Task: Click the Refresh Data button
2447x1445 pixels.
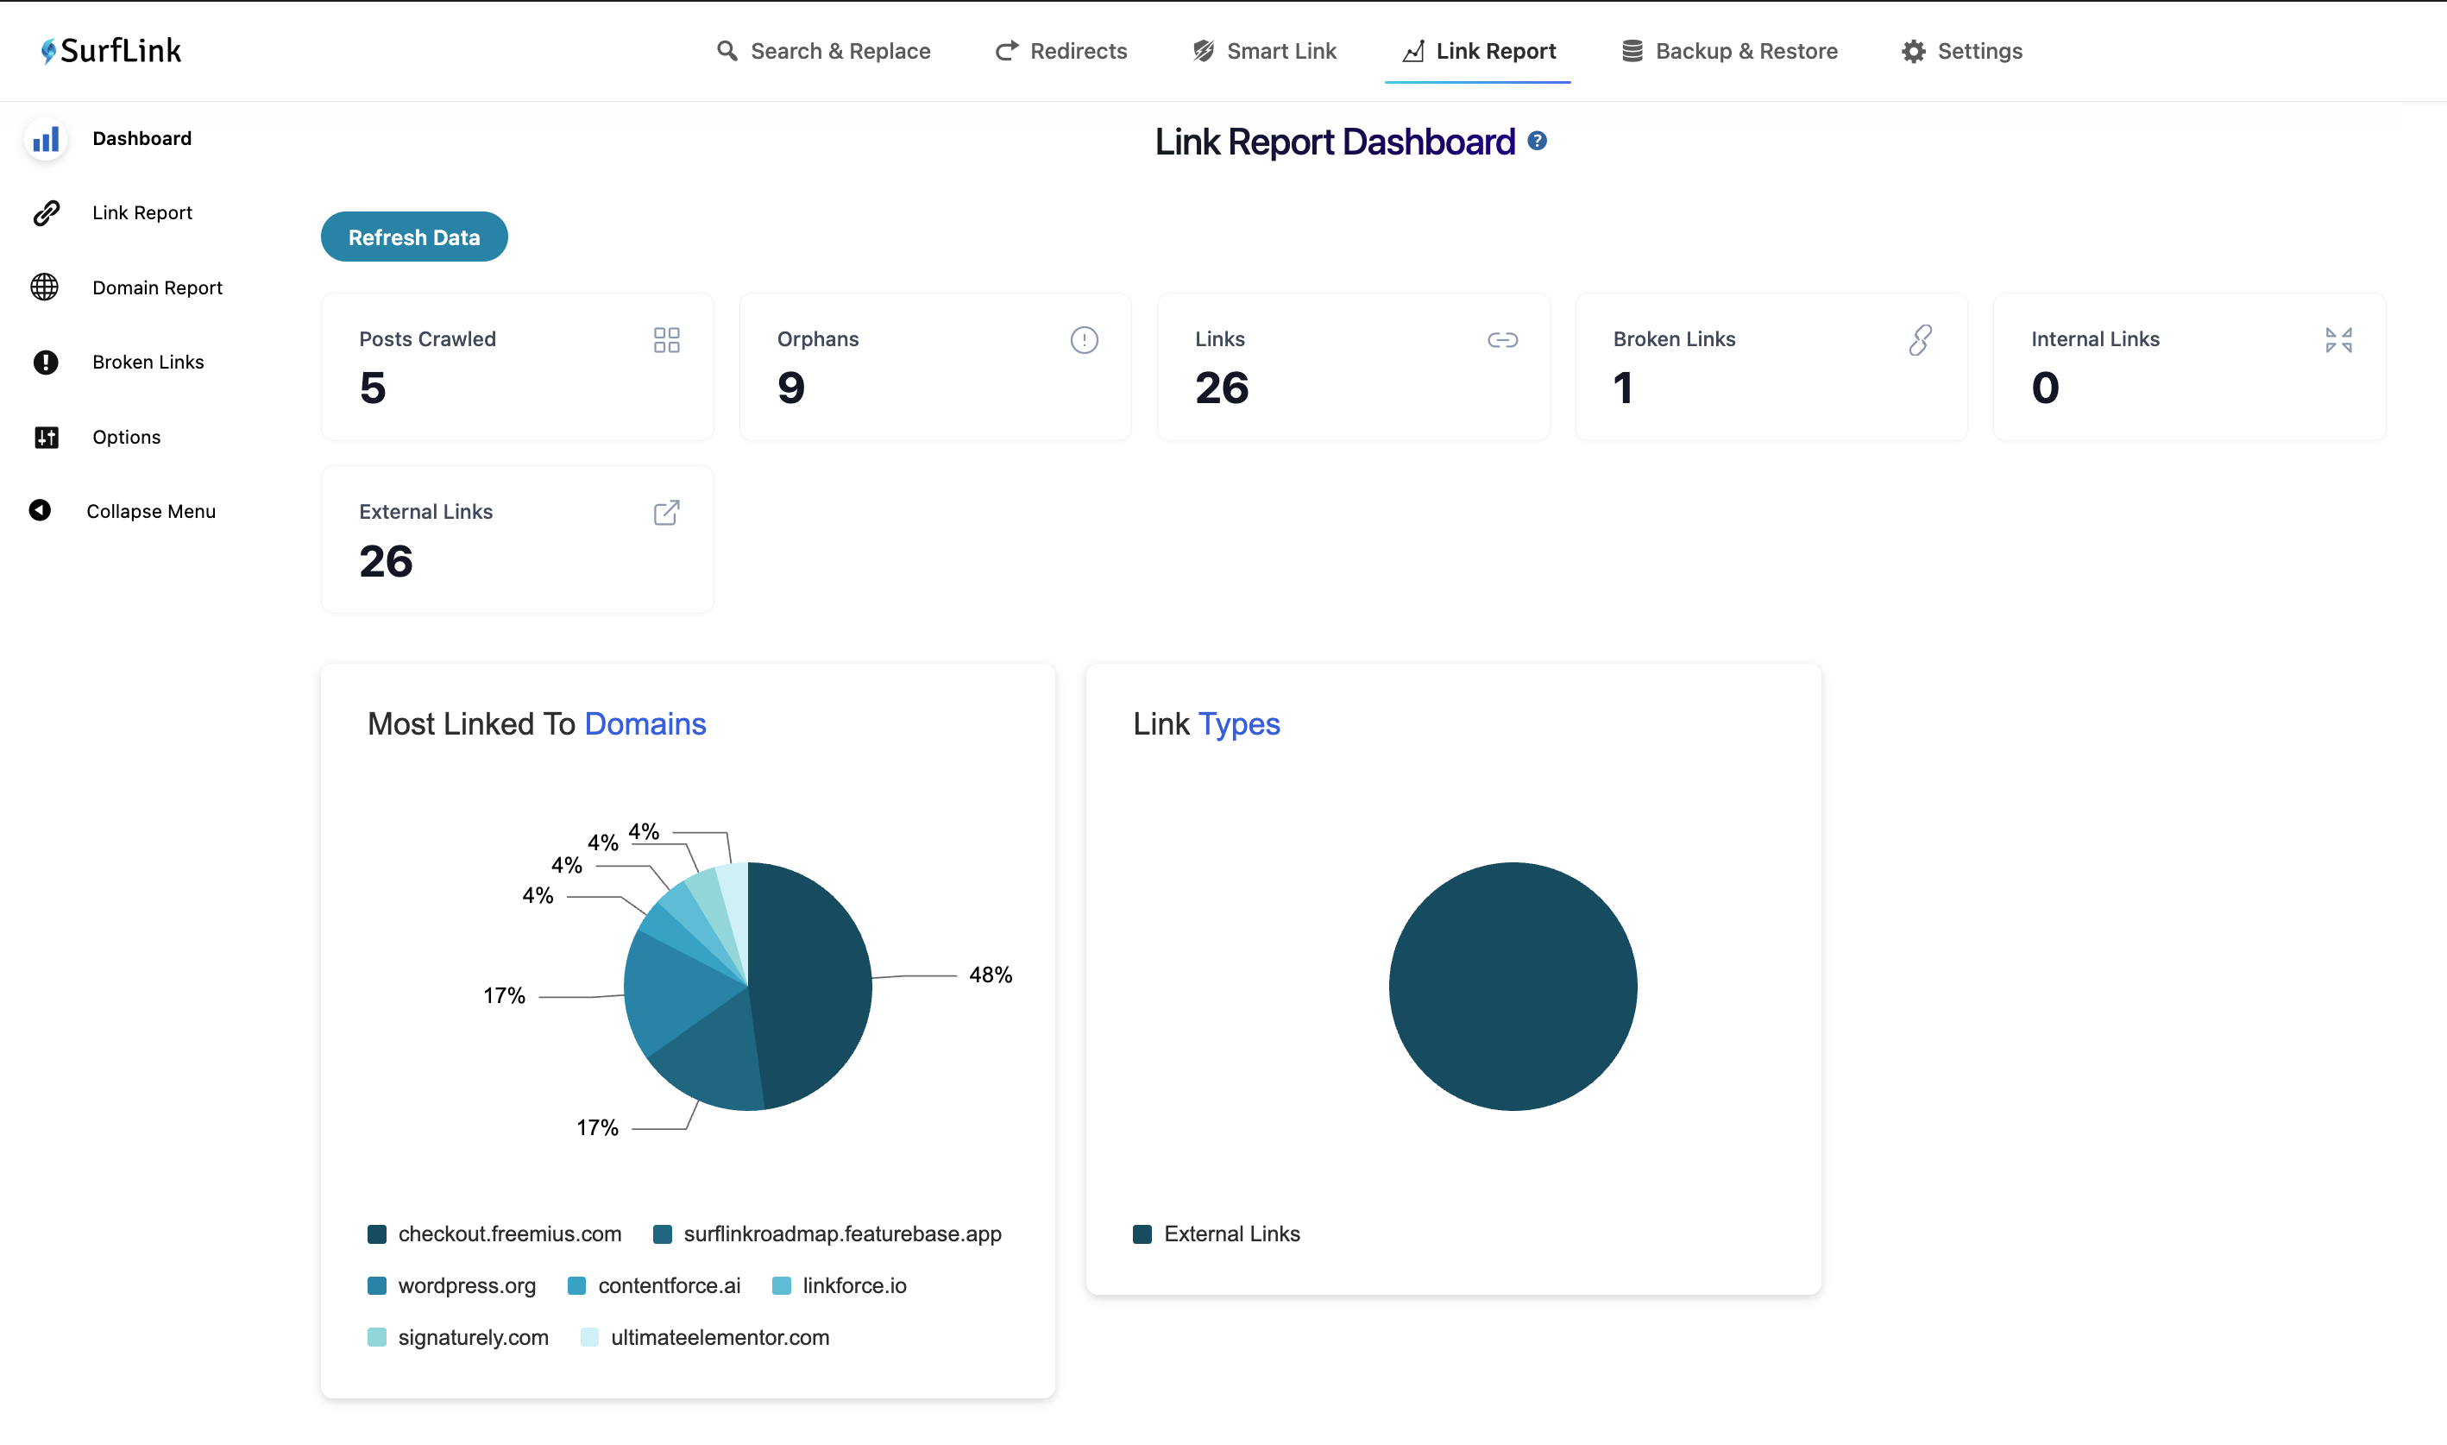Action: click(x=413, y=237)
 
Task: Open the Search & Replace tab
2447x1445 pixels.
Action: click(x=823, y=51)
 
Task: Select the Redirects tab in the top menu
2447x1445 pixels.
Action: click(x=1061, y=51)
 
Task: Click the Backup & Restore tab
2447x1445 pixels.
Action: click(x=1730, y=51)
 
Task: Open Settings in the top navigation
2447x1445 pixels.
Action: click(x=1962, y=51)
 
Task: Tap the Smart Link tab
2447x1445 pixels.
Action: click(x=1264, y=51)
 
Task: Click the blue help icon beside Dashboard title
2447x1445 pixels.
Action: click(x=1537, y=142)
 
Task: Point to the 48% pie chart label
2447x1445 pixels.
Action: click(x=991, y=975)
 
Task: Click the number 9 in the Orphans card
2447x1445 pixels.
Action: click(x=791, y=388)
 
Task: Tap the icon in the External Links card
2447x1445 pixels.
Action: click(x=667, y=512)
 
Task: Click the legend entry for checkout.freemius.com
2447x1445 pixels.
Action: click(x=494, y=1234)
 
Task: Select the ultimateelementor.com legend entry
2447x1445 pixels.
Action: click(x=705, y=1337)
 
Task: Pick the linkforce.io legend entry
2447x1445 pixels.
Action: click(x=839, y=1285)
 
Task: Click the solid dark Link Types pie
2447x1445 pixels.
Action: click(x=1513, y=987)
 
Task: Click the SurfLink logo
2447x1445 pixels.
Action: click(x=111, y=51)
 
